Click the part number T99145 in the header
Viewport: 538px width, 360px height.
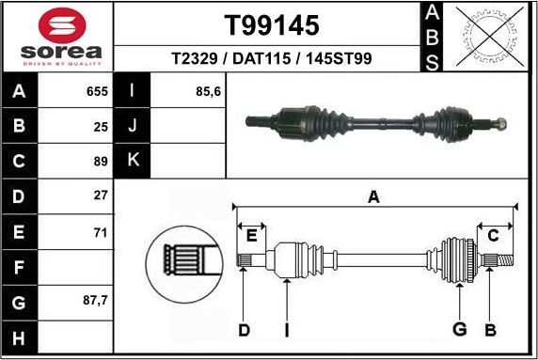tap(271, 24)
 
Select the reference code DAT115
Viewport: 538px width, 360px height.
tap(271, 58)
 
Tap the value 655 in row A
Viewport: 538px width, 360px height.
tap(97, 93)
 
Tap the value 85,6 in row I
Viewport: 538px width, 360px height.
tap(208, 93)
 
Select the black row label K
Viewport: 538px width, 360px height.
tap(132, 161)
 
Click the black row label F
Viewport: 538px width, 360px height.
tap(20, 268)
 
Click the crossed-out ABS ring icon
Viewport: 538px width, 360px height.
tap(485, 37)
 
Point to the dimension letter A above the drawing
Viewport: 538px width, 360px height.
tap(373, 196)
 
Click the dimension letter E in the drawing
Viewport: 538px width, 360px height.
tap(251, 235)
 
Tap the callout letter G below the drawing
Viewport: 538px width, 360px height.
tap(460, 329)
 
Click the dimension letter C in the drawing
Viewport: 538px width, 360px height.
tap(493, 235)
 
